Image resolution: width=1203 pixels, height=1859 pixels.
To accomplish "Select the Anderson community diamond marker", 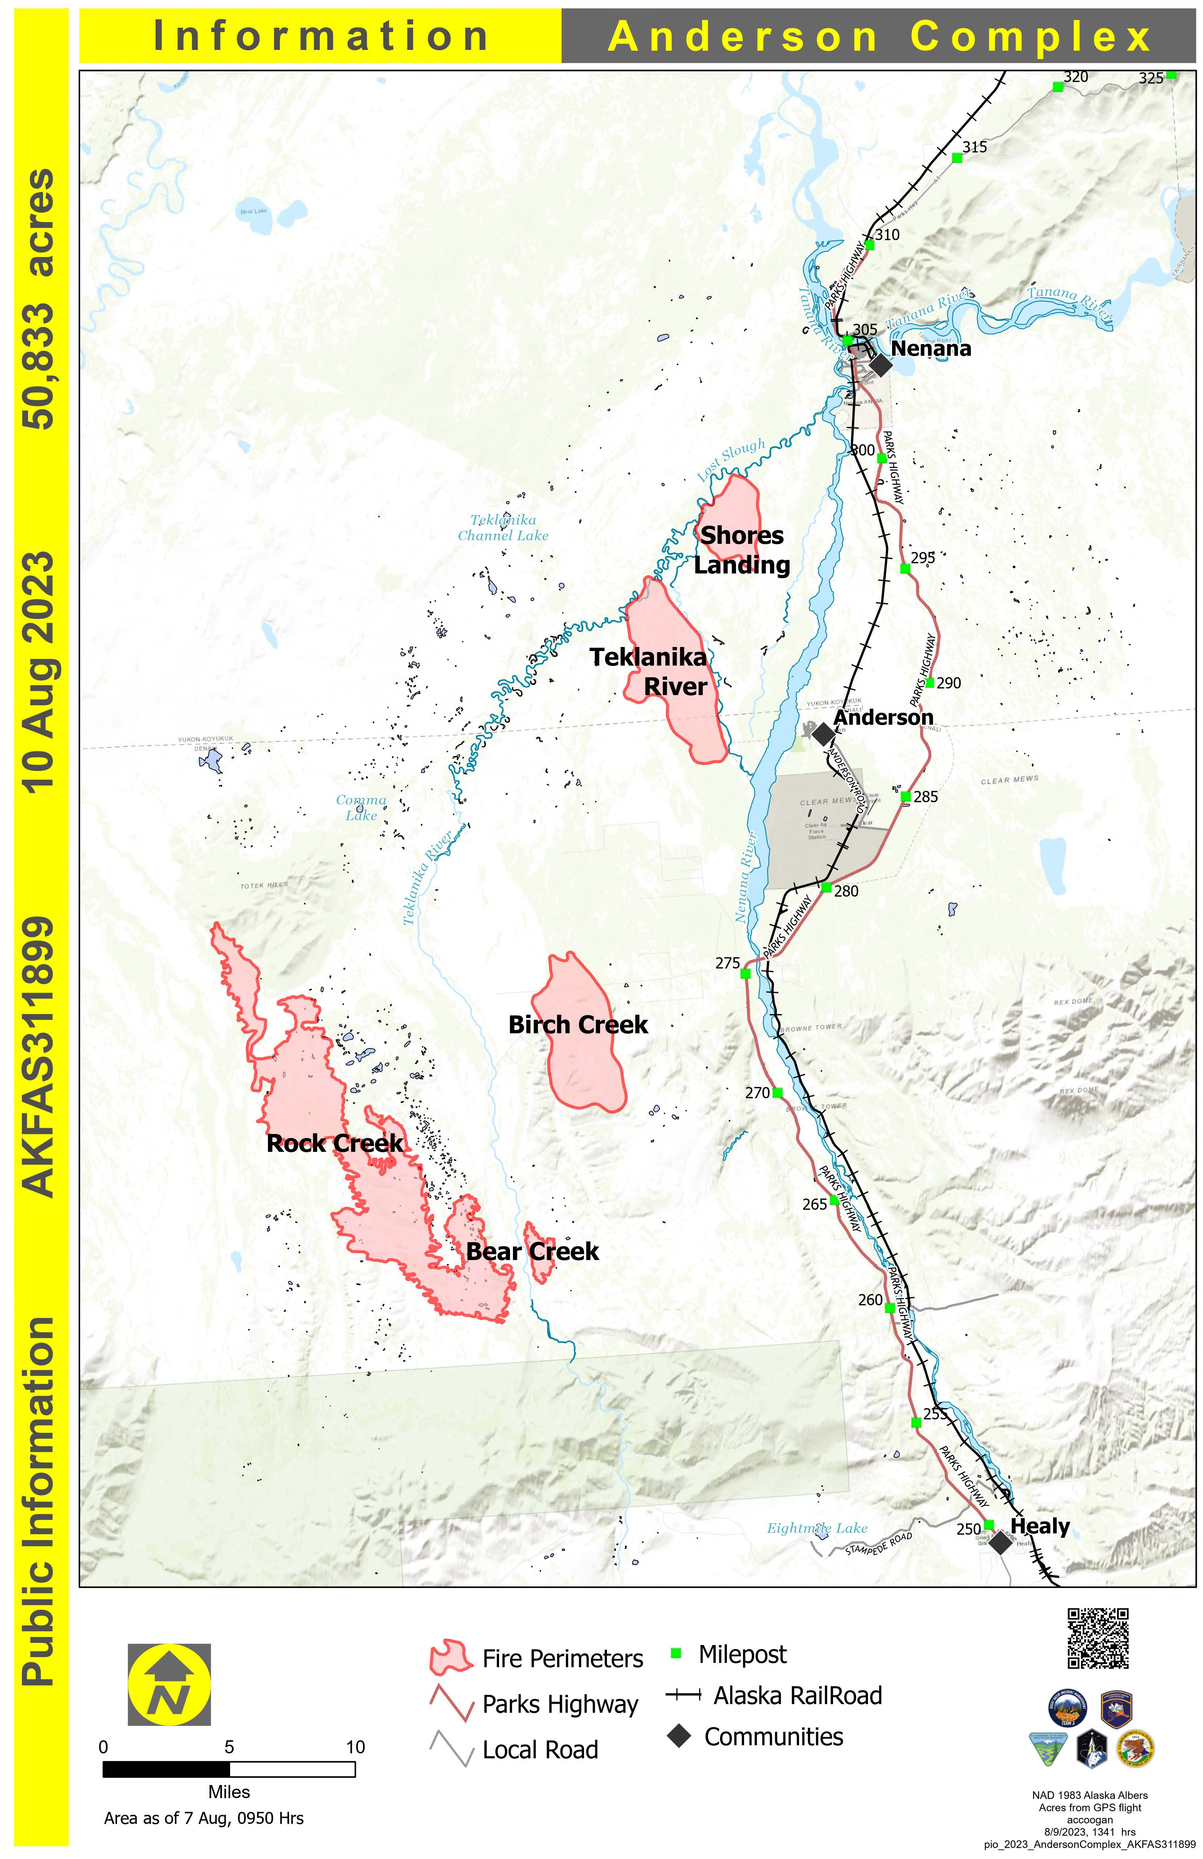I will [822, 733].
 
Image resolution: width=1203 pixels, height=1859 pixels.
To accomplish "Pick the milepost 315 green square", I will [957, 158].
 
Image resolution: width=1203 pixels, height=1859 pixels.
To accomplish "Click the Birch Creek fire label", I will [578, 1025].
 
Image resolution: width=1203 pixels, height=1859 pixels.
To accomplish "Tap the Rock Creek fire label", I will [335, 1143].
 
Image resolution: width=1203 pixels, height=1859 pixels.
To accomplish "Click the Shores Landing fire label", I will [742, 550].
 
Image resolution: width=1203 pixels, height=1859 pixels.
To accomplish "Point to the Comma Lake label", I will [361, 808].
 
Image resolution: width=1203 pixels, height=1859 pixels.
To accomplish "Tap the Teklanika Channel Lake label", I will [503, 528].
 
